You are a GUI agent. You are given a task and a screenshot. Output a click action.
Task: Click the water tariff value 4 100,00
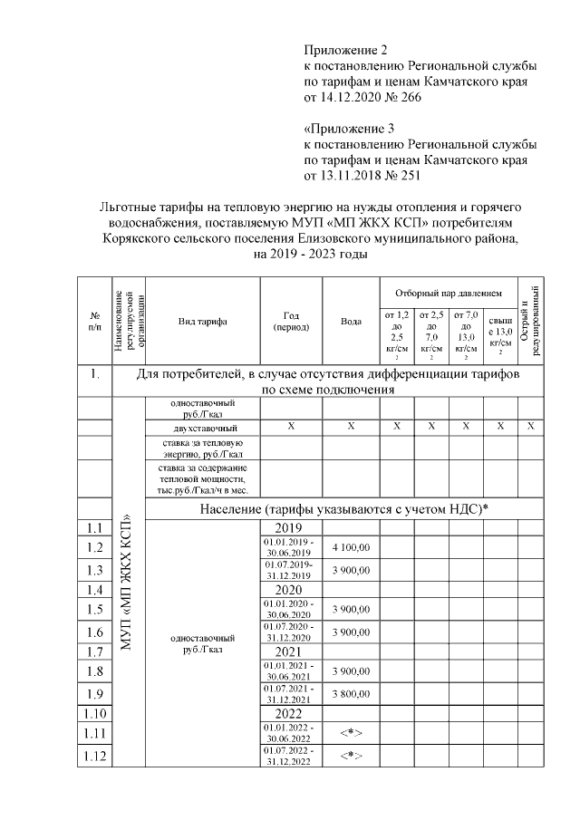pos(351,547)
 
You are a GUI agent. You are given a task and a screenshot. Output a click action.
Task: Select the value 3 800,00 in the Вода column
pos(351,694)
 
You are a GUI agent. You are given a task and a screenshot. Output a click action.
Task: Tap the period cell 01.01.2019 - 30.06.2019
pos(288,547)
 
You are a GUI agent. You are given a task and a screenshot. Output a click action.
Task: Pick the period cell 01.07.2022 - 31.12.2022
pos(288,756)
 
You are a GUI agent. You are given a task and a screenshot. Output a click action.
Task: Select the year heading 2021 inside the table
pos(288,651)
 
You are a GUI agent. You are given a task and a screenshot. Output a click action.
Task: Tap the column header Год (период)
pos(290,322)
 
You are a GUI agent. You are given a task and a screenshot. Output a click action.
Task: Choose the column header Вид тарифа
pos(202,322)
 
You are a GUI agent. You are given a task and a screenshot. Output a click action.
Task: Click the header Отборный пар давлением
pos(448,294)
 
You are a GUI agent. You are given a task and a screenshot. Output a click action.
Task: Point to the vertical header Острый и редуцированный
pos(531,321)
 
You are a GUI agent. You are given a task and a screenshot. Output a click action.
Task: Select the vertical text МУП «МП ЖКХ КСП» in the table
pos(128,580)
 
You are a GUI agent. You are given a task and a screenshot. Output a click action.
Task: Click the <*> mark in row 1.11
pos(351,731)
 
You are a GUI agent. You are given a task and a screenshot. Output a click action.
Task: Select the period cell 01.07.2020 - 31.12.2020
pos(288,631)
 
